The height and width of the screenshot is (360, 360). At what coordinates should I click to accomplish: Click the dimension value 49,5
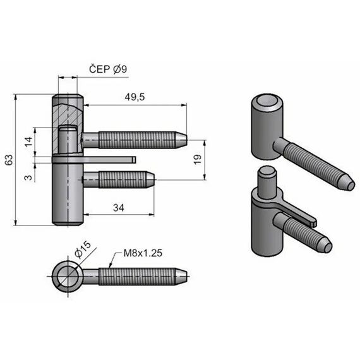[135, 97]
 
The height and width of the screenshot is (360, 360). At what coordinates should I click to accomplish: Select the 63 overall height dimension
[9, 160]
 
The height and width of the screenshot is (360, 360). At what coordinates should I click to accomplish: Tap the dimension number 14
[28, 141]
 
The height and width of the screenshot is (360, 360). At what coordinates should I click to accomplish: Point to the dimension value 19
[198, 159]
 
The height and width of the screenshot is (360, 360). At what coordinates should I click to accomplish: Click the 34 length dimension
[119, 208]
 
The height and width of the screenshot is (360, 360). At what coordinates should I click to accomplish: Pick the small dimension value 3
[28, 177]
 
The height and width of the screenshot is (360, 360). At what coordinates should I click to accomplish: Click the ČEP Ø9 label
[108, 69]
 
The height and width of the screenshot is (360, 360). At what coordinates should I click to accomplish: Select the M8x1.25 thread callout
[143, 253]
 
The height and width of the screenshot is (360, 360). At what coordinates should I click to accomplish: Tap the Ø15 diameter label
[83, 250]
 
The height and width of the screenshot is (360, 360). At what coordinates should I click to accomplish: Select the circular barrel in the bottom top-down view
[66, 276]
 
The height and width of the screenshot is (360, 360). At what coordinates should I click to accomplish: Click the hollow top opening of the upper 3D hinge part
[267, 101]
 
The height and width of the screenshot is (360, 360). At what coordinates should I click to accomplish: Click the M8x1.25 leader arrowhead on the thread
[111, 265]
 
